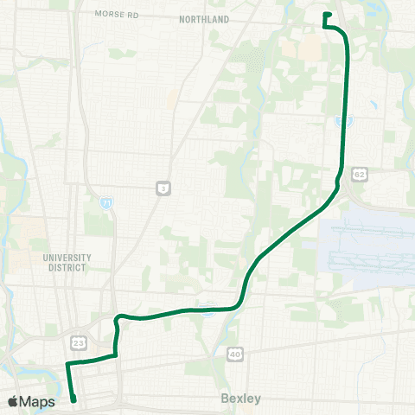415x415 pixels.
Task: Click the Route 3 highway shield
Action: (x=162, y=188)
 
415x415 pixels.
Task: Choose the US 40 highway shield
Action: (x=234, y=354)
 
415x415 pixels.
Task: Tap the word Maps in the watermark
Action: (x=38, y=401)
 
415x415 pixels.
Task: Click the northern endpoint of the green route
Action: (x=326, y=14)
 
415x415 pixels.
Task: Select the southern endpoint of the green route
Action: (x=74, y=399)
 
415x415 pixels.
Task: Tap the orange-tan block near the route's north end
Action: (x=309, y=48)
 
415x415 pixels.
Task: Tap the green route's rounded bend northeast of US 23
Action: (x=120, y=316)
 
